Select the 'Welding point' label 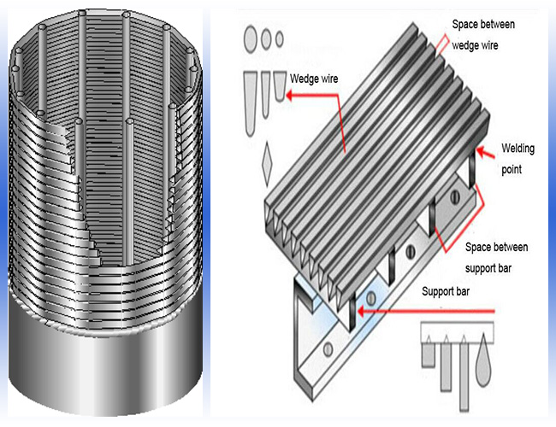[x=517, y=159]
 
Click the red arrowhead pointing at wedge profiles [x=292, y=97]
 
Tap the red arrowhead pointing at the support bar [x=363, y=313]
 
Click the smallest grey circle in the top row [x=278, y=37]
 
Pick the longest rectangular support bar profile [x=463, y=372]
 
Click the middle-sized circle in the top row [x=267, y=38]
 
